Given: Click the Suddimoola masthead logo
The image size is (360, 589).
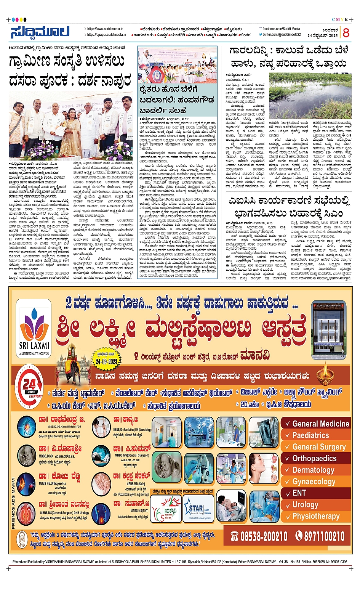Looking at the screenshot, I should point(40,32).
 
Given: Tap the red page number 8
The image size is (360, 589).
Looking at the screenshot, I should point(346,33).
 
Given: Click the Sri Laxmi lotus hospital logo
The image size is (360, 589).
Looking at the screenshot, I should point(34,327).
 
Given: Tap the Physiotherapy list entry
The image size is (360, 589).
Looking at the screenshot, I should point(316,516).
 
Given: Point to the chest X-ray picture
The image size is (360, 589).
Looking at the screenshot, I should point(264,432).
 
